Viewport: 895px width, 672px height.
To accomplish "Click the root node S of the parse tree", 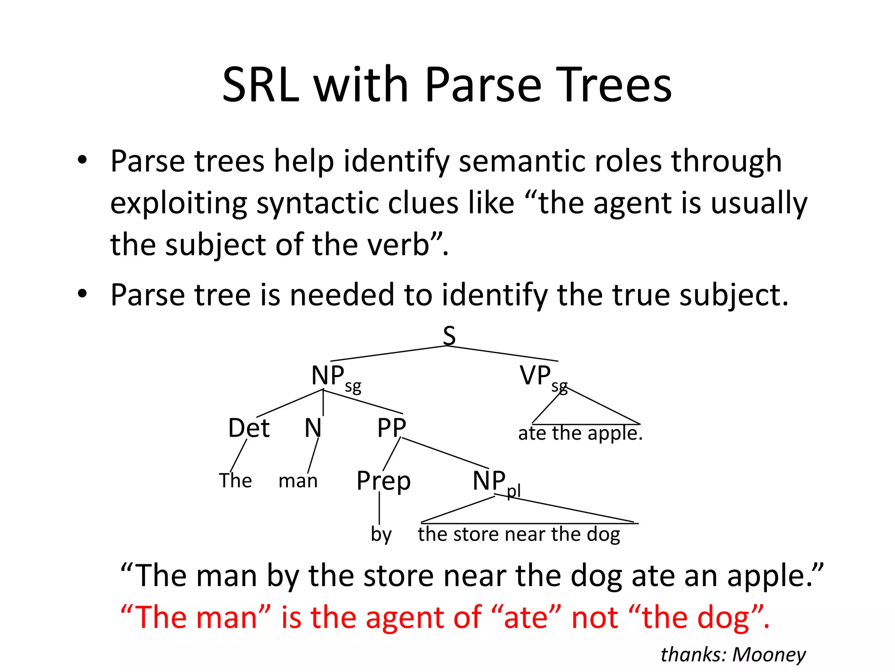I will tap(449, 336).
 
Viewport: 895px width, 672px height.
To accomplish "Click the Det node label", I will tap(249, 428).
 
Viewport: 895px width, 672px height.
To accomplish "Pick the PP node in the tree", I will tap(392, 428).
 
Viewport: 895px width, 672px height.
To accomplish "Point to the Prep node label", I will tap(383, 481).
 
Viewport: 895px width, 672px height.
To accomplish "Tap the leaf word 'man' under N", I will tap(298, 481).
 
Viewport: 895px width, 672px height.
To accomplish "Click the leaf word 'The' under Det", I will tap(235, 481).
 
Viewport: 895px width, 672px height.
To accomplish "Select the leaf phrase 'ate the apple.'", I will tap(580, 434).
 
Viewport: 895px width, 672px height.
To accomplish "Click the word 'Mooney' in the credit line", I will tap(769, 655).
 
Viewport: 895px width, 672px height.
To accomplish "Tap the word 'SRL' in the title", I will tap(260, 85).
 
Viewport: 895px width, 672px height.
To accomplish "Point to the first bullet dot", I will tap(82, 161).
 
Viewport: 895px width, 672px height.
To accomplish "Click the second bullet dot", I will tap(82, 294).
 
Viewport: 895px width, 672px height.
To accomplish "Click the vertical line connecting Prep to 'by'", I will tap(379, 507).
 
